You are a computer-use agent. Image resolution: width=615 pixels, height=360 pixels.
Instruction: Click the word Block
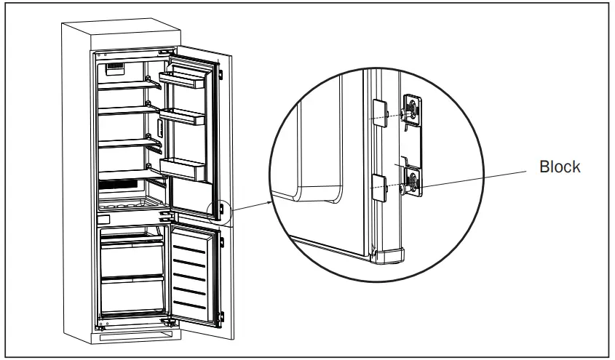coord(559,167)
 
